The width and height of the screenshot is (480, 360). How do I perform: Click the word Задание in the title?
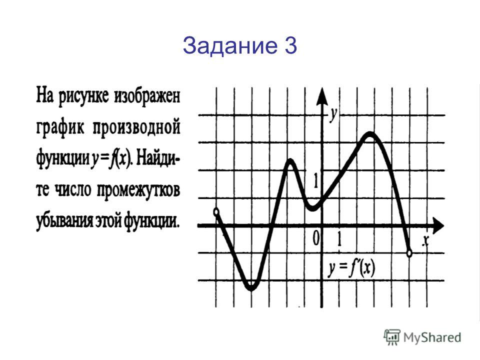click(229, 46)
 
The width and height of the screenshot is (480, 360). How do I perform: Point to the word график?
click(60, 127)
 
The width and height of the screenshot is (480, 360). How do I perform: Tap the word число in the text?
click(73, 190)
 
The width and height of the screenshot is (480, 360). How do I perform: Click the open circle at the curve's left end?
click(216, 212)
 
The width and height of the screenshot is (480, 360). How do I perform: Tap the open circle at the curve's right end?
click(409, 253)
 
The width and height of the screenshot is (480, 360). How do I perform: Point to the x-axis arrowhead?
click(438, 226)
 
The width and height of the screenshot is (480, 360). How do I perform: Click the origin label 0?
click(316, 238)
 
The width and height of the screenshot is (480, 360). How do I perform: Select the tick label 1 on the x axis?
click(339, 239)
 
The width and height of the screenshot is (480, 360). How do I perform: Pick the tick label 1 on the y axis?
click(315, 180)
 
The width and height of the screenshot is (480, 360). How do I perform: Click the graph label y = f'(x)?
click(351, 268)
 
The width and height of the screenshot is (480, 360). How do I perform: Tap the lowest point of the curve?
click(251, 288)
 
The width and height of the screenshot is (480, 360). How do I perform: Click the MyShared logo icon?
click(392, 337)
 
